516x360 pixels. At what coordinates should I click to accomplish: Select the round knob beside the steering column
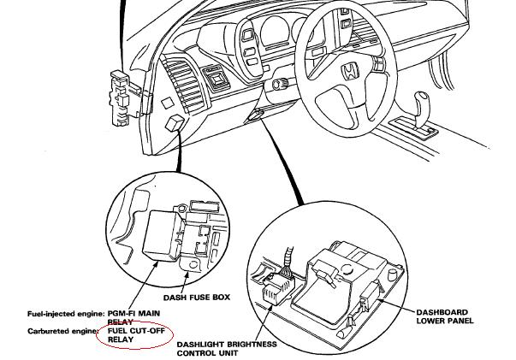(x=278, y=84)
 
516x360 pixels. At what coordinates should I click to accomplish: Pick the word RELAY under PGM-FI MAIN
(x=121, y=322)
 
